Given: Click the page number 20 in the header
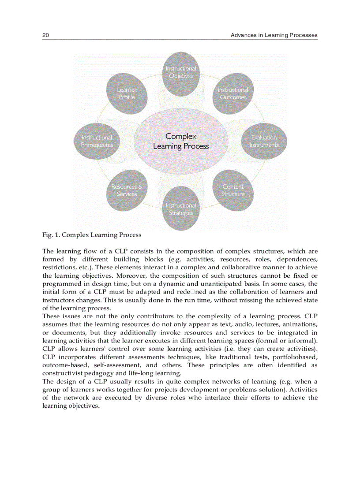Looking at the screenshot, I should point(45,35).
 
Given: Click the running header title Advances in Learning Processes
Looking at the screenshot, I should point(274,35).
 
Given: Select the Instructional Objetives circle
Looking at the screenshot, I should point(181,72).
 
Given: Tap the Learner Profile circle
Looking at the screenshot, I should point(127,93).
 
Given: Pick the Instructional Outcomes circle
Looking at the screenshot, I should point(233,93).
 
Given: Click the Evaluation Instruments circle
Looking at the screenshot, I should point(264,141).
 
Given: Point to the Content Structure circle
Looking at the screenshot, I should point(233,190).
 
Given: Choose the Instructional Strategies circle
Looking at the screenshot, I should point(181,209).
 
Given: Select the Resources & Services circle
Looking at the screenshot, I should point(127,190).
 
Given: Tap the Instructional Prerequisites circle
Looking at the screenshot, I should point(97,141).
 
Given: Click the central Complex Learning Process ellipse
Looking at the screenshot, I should point(181,141).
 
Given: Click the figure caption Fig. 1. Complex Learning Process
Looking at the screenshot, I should point(92,235).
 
